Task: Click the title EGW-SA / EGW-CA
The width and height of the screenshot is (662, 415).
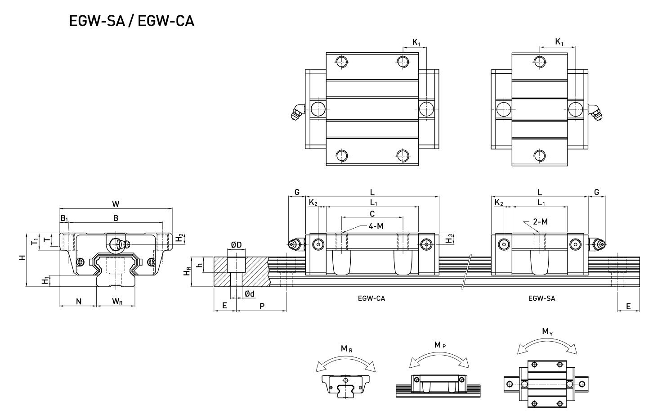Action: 131,21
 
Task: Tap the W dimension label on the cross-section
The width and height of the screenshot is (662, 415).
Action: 116,204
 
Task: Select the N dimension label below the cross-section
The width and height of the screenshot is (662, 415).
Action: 79,302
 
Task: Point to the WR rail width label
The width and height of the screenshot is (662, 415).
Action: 117,302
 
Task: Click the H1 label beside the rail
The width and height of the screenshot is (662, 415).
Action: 45,280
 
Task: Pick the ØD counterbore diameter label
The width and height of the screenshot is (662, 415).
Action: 236,245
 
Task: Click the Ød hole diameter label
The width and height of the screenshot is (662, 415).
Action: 250,294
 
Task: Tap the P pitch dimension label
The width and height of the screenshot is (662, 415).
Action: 262,306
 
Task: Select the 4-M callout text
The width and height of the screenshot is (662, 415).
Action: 376,226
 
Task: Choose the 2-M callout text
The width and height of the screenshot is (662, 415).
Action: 540,221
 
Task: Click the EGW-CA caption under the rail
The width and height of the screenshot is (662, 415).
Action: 371,298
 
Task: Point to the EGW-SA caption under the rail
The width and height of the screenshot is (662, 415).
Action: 542,298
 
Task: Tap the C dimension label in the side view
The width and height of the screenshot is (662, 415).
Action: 372,213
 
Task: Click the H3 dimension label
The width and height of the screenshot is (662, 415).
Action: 450,239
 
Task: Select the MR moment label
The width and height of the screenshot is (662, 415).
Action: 346,349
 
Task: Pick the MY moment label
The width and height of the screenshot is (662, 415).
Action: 547,332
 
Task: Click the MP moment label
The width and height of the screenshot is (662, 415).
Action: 440,345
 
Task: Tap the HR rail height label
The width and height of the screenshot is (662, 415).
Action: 187,271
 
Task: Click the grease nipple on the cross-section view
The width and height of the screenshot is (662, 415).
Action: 119,244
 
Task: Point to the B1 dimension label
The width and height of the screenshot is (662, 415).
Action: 64,218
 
